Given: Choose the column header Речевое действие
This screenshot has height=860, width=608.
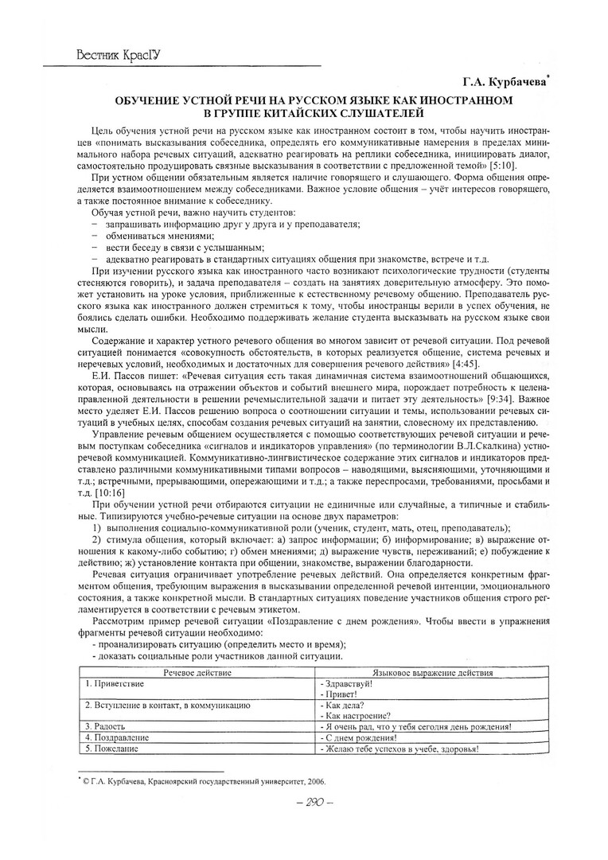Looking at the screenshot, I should pos(197,673).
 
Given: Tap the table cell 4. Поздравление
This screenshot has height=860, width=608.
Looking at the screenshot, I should pos(117,737).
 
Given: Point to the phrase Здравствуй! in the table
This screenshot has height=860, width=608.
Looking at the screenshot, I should pos(347,683).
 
